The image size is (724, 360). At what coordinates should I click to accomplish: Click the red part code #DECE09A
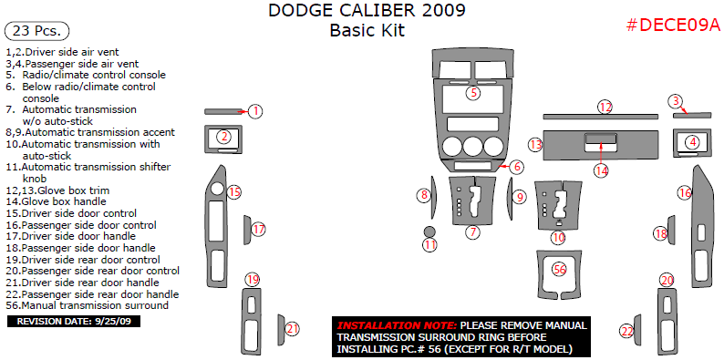[673, 26]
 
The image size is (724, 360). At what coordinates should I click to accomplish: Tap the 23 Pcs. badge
[36, 31]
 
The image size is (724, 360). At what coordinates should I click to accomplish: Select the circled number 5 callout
[473, 93]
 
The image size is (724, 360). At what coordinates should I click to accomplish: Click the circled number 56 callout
[560, 270]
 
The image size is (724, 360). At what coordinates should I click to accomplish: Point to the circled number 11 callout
[430, 245]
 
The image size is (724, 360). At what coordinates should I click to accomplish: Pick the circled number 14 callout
[601, 170]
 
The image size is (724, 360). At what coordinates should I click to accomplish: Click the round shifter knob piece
[430, 231]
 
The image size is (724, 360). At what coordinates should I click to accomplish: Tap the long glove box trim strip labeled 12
[600, 117]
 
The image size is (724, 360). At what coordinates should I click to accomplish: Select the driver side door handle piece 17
[247, 230]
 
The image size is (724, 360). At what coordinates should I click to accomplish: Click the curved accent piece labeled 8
[433, 198]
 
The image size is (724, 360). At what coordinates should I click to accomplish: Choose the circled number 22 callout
[627, 331]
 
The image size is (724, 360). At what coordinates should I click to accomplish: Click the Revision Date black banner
[74, 321]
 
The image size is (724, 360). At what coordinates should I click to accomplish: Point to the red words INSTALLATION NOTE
[397, 325]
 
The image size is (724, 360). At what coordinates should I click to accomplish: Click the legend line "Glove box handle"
[57, 201]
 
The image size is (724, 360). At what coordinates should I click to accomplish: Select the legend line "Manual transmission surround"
[88, 305]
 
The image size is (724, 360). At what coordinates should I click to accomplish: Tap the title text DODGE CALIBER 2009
[367, 10]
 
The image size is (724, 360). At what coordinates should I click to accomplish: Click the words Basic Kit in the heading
[367, 30]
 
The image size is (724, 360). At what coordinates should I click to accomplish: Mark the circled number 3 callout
[676, 100]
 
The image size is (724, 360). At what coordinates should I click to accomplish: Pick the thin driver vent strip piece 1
[223, 111]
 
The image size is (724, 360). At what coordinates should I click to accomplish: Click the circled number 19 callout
[252, 279]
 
